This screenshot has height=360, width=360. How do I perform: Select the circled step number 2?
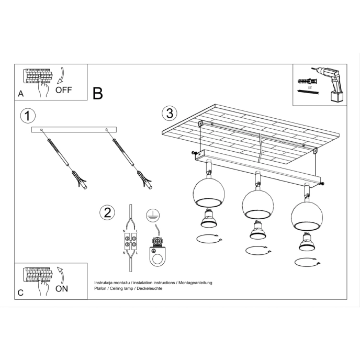107,212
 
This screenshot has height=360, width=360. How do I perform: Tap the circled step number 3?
168,113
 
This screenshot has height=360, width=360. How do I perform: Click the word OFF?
63,89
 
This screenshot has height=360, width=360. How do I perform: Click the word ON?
61,288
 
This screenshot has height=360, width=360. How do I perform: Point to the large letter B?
97,93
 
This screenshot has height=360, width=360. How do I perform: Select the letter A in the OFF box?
20,94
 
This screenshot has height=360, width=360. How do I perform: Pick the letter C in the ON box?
20,293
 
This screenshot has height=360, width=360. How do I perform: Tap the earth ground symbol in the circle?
151,213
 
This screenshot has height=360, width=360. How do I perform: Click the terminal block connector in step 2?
130,243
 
